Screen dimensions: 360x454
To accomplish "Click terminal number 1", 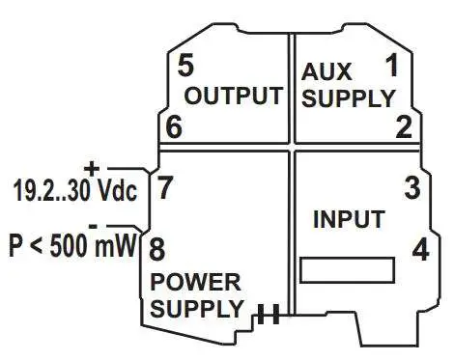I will tap(391, 67).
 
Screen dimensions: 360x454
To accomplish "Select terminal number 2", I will tap(404, 126).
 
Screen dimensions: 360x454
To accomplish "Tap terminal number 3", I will tap(412, 187).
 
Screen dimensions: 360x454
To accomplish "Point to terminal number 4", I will tap(420, 249).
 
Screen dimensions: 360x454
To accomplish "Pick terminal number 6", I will tap(174, 126).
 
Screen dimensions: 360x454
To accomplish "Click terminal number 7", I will tap(165, 187).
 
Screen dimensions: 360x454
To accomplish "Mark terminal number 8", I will tap(156, 249).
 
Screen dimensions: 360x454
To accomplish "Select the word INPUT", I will tap(349, 219).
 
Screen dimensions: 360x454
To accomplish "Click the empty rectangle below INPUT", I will tap(347, 269).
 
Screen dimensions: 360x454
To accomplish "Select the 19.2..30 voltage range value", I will tap(51, 191).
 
